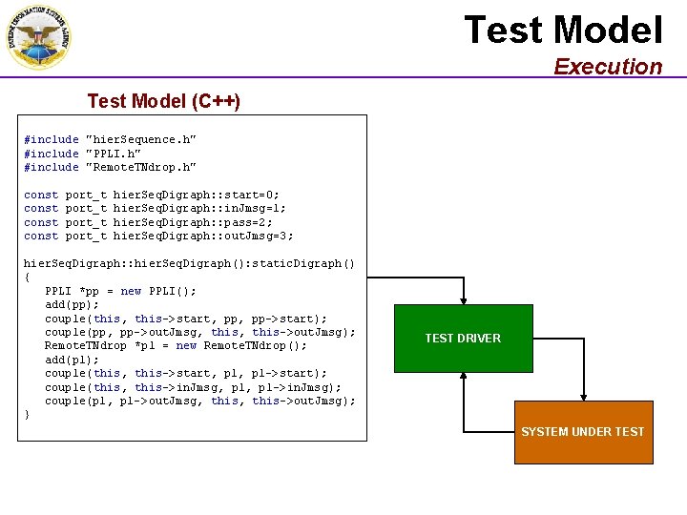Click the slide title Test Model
click(563, 31)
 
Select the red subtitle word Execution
click(608, 67)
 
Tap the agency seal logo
click(38, 38)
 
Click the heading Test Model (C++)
click(163, 101)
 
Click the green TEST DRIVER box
click(463, 339)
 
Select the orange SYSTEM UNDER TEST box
click(583, 432)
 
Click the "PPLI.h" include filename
click(114, 154)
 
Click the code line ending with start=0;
click(152, 195)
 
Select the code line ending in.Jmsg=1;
click(155, 208)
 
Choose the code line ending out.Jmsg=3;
click(158, 236)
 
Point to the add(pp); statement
click(72, 305)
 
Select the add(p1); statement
click(72, 360)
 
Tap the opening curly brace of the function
click(27, 278)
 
